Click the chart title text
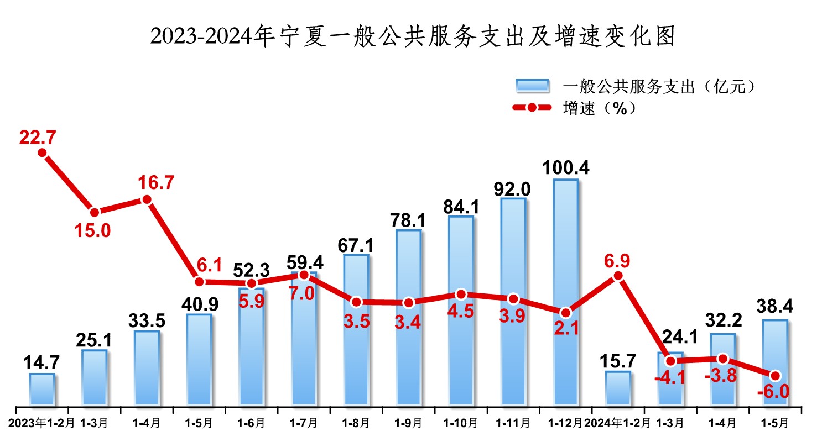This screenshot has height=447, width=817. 408,37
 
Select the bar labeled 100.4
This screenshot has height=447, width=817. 565,293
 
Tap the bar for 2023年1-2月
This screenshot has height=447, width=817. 42,390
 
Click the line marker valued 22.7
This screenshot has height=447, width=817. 42,153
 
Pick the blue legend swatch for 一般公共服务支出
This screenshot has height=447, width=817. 532,86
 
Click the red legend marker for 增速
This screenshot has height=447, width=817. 532,108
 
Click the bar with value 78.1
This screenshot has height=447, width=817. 408,318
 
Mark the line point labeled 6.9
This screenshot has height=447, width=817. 618,276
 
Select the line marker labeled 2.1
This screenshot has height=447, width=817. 565,312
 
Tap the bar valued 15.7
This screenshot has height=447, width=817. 618,388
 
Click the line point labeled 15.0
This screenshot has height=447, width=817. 95,212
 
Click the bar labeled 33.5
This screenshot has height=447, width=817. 147,367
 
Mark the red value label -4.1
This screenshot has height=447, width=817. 670,380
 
